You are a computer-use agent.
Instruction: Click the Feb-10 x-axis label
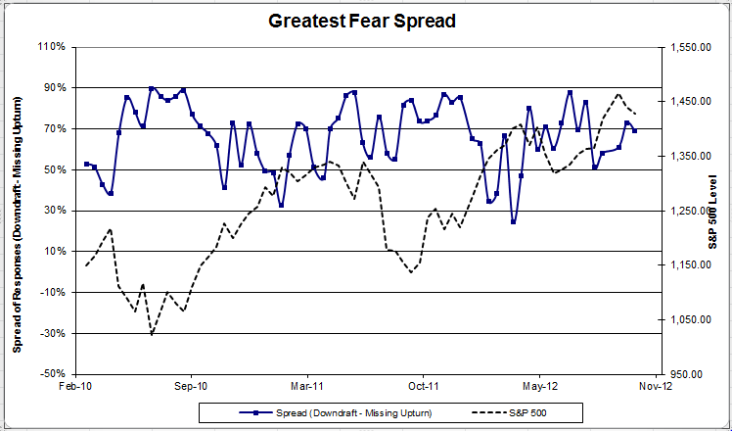75,387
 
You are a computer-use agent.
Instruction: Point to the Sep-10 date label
191,387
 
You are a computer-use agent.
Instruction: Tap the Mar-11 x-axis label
307,387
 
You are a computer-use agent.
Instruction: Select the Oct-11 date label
423,387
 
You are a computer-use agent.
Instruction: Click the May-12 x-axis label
539,387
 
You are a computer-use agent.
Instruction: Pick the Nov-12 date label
655,387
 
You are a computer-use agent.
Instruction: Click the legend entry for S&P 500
533,411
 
